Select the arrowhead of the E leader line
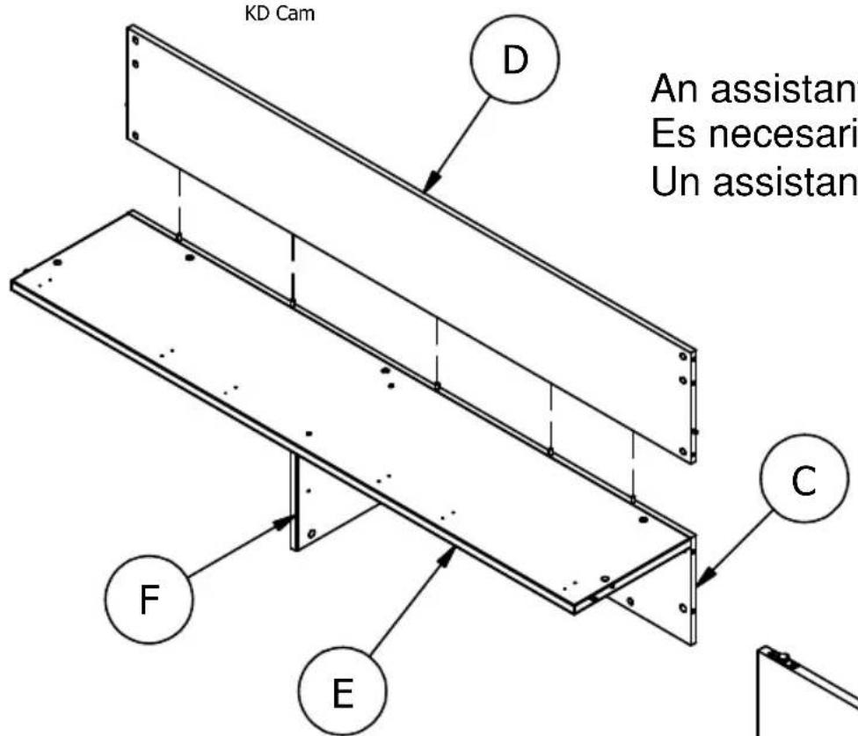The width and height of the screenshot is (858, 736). point(454,549)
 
